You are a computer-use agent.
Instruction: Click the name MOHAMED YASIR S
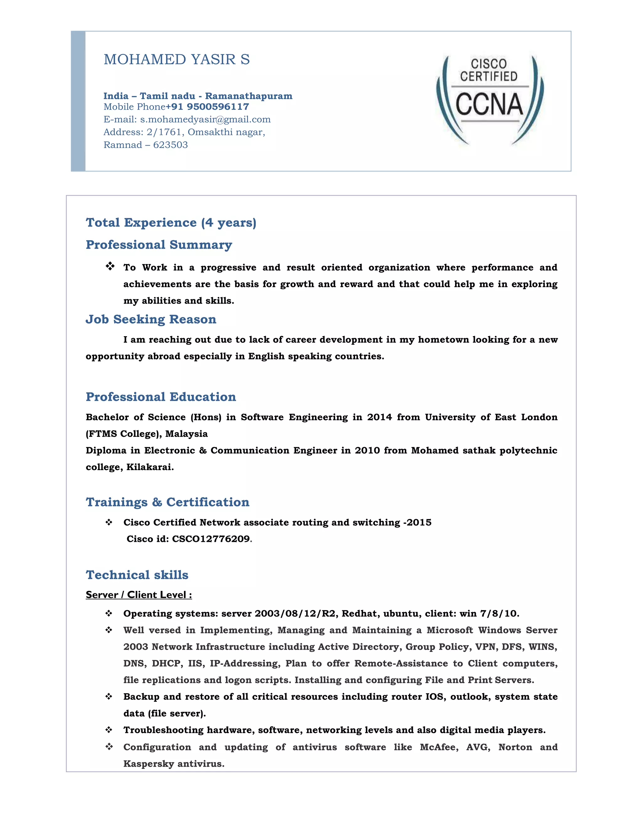click(x=176, y=59)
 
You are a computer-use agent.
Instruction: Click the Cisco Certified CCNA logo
click(x=489, y=100)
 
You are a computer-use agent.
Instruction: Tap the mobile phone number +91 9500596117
click(x=207, y=107)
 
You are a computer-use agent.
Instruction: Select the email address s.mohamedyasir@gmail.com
click(x=205, y=119)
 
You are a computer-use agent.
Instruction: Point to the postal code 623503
click(x=171, y=145)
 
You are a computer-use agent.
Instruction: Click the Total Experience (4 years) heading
click(x=171, y=223)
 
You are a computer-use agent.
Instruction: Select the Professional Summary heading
click(x=159, y=245)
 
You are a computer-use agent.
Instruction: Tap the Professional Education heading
click(x=161, y=397)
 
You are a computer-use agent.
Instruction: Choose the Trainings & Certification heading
click(x=168, y=502)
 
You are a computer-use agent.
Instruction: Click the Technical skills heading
click(x=137, y=575)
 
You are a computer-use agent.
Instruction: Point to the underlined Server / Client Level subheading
click(x=139, y=595)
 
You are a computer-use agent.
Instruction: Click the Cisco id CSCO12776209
click(x=211, y=539)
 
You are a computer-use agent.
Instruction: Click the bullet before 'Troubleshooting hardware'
click(x=109, y=730)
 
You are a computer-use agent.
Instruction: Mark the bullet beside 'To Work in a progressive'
click(x=110, y=266)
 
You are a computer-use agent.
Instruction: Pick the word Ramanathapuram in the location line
click(x=249, y=96)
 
